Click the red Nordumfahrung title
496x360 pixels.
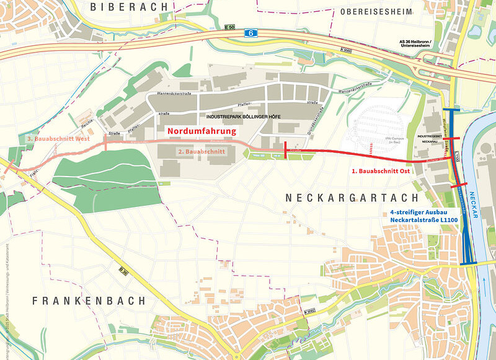coord(201,132)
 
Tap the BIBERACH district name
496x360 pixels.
coord(129,7)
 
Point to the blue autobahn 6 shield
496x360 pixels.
coord(250,33)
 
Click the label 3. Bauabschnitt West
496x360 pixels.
coord(59,139)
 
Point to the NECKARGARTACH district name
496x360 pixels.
coord(344,197)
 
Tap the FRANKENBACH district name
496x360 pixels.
coord(89,301)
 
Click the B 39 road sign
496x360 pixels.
coord(123,270)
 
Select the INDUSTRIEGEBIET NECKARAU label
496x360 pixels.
coord(430,138)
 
